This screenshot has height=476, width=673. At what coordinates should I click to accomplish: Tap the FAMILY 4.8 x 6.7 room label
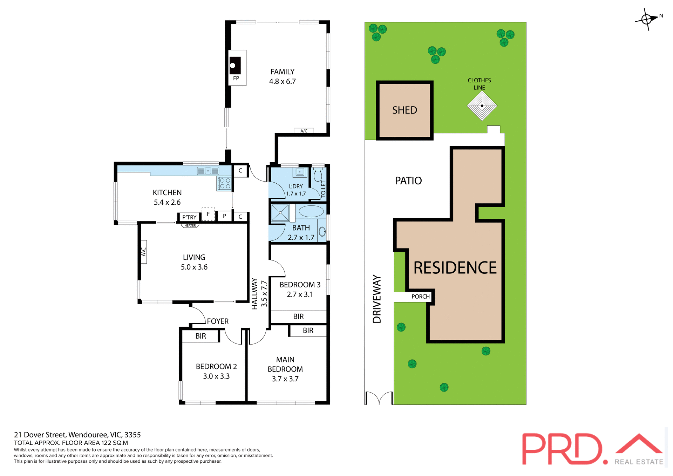tap(282, 76)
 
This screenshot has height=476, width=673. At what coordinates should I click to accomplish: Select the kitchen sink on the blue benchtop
tap(208, 171)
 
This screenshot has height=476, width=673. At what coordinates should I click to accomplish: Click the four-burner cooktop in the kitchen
tap(224, 183)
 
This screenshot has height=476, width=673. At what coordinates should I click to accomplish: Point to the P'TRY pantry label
tap(189, 217)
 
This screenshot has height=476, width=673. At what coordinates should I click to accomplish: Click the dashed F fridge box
tap(208, 214)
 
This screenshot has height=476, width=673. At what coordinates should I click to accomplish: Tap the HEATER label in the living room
tap(190, 226)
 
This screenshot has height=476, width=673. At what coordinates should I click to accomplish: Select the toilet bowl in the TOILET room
tap(318, 175)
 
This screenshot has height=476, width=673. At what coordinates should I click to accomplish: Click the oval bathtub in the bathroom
tap(311, 211)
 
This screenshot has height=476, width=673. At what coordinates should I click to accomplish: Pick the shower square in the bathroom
tap(280, 213)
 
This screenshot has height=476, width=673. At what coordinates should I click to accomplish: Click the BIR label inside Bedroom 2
tap(200, 336)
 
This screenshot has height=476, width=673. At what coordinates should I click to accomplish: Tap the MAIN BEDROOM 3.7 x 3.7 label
tap(285, 369)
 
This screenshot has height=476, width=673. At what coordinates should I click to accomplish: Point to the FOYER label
tap(218, 321)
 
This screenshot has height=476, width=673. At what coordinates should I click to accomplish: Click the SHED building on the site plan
tap(405, 110)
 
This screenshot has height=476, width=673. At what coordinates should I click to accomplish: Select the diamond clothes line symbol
tap(482, 106)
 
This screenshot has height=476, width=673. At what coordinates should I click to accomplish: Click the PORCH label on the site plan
tap(420, 297)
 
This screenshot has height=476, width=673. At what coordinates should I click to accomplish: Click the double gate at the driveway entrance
tap(379, 398)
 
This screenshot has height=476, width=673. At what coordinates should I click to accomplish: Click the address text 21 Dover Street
tap(77, 435)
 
